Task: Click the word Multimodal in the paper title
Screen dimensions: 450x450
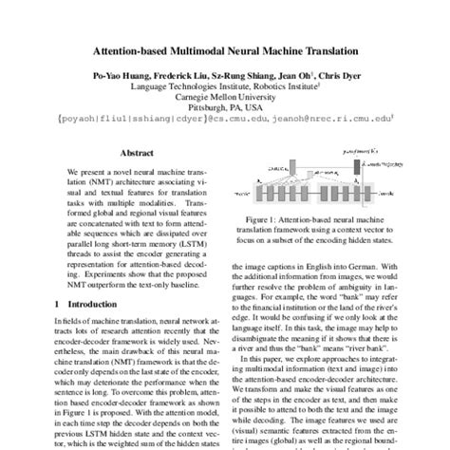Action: (x=206, y=48)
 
